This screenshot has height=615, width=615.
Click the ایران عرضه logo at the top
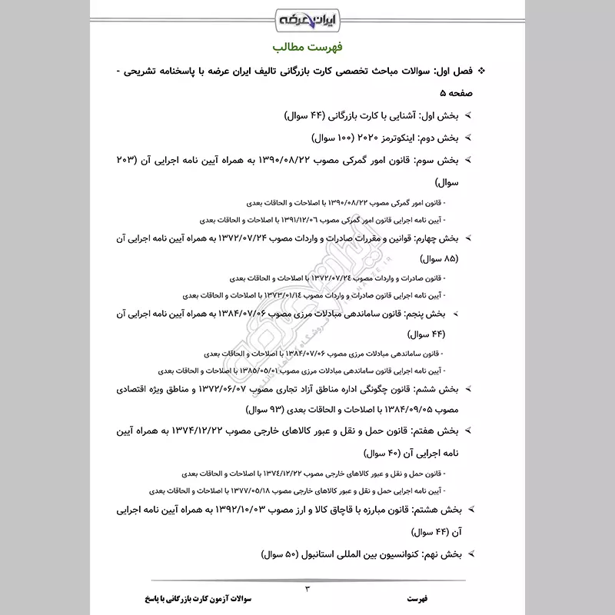pos(307,16)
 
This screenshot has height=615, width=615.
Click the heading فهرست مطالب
pos(307,49)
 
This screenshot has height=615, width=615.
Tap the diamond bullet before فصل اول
pos(482,71)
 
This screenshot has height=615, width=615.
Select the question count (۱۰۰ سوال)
pos(314,139)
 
